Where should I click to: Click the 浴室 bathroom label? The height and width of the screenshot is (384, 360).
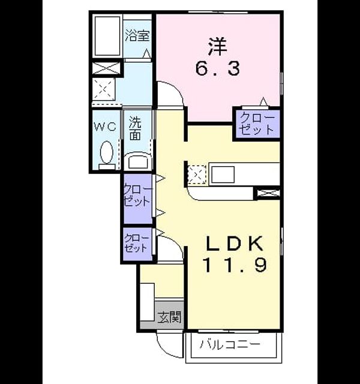[137, 36]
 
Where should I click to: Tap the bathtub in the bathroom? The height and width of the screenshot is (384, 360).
[107, 36]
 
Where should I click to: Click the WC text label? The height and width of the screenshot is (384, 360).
[106, 127]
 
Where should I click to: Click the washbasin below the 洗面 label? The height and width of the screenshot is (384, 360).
[138, 161]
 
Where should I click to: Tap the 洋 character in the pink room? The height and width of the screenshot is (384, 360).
[217, 47]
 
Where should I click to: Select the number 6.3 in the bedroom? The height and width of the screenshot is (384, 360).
[217, 68]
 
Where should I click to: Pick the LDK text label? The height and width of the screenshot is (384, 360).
[235, 244]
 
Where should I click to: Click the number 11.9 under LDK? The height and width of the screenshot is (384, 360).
[235, 265]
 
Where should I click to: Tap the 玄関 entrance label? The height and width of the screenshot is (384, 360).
[169, 317]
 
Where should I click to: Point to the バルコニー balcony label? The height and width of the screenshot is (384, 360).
[229, 345]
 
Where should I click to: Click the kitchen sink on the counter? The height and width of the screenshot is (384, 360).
[223, 175]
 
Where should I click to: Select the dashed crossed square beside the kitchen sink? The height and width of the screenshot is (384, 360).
[197, 175]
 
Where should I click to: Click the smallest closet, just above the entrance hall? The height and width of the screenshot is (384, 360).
[137, 244]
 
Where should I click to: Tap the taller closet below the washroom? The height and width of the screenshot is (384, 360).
[138, 199]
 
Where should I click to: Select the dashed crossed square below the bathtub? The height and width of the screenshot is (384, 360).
[104, 89]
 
